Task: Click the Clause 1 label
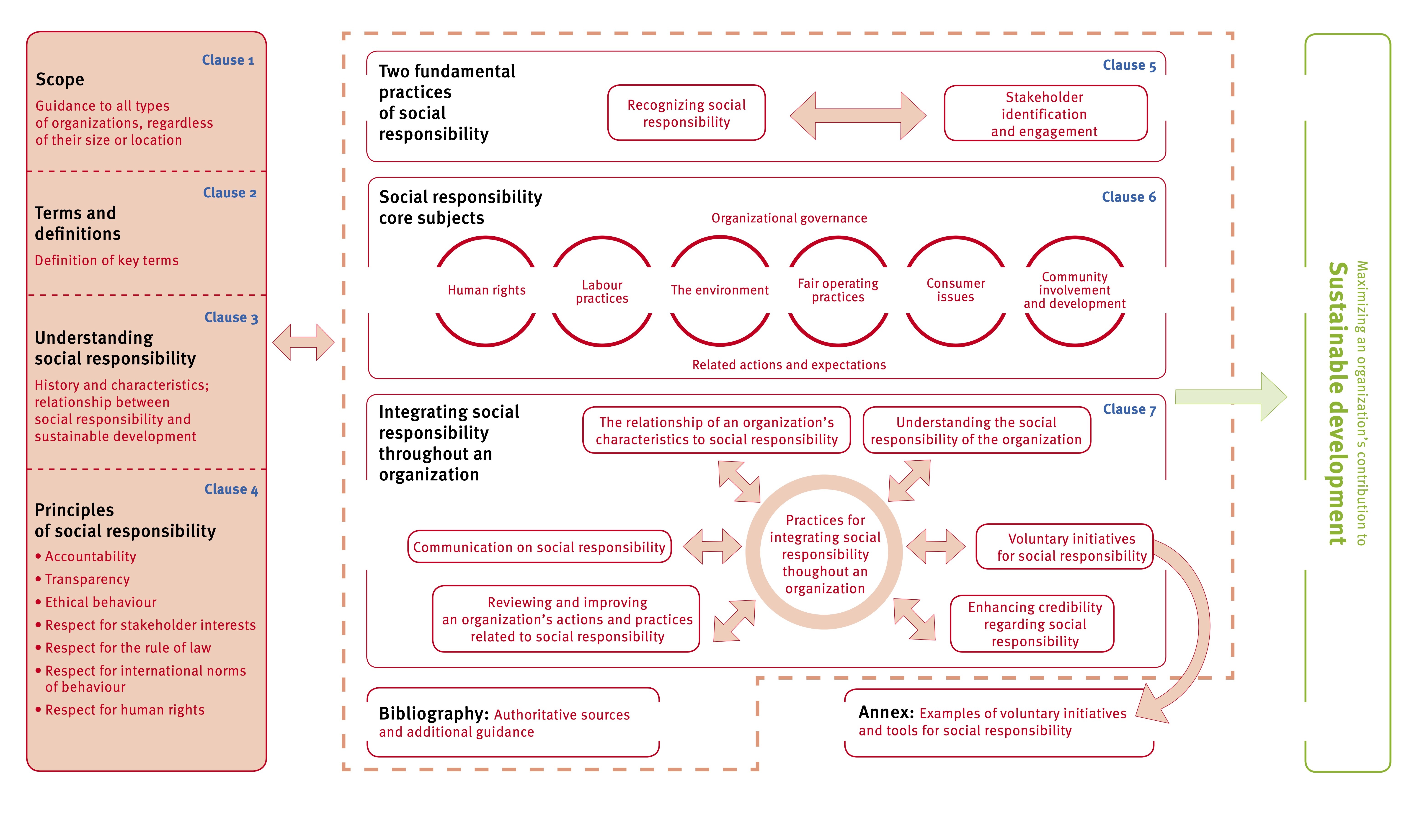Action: click(228, 60)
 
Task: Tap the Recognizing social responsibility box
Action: click(686, 113)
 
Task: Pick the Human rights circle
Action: click(486, 291)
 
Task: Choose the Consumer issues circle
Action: click(955, 291)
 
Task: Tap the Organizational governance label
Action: click(789, 218)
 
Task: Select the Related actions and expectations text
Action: click(789, 365)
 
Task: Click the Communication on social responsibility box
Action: click(539, 547)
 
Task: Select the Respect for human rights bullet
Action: click(124, 710)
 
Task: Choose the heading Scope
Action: click(60, 80)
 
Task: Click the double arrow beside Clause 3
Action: click(303, 342)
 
